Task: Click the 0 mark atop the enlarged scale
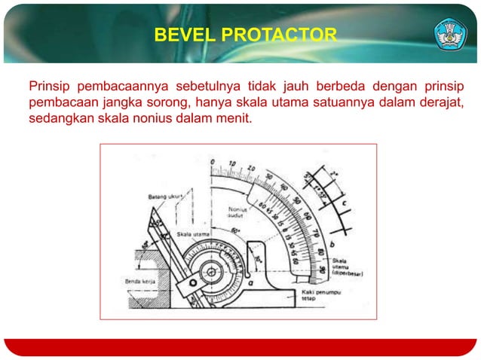[x=213, y=162]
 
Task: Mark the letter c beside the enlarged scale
[x=344, y=203]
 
